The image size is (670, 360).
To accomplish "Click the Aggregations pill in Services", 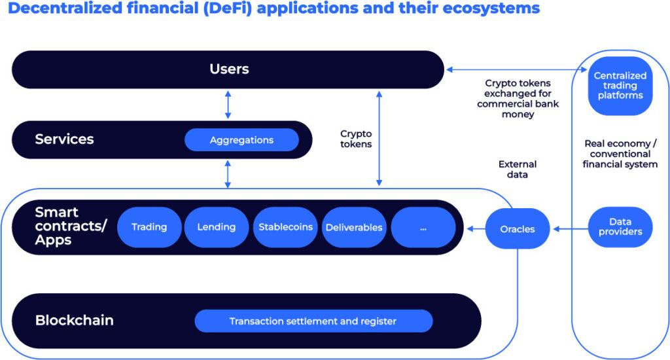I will tap(241, 140).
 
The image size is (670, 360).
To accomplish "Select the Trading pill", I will tap(149, 227).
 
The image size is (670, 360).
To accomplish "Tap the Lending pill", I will tap(216, 227).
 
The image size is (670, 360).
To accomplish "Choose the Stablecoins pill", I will tap(285, 227).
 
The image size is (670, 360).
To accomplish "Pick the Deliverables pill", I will tap(354, 228).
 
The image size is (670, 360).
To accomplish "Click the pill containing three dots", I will tap(423, 228).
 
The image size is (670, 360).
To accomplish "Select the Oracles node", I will tap(517, 229).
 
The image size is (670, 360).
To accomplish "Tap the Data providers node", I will tap(620, 227).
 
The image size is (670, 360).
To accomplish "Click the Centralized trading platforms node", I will tap(620, 86).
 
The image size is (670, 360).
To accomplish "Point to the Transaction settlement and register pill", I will tap(313, 321).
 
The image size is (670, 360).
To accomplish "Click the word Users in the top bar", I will tap(229, 69).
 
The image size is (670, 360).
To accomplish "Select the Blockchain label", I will tap(74, 321).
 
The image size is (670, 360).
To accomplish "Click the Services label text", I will tap(64, 139).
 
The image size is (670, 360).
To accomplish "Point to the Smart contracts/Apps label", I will tap(63, 226).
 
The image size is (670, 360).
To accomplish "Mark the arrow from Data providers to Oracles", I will tap(570, 229).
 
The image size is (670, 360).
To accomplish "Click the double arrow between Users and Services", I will tap(228, 104).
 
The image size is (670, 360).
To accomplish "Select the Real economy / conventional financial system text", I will tap(620, 154).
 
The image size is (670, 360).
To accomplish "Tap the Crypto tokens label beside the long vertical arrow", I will tap(356, 139).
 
